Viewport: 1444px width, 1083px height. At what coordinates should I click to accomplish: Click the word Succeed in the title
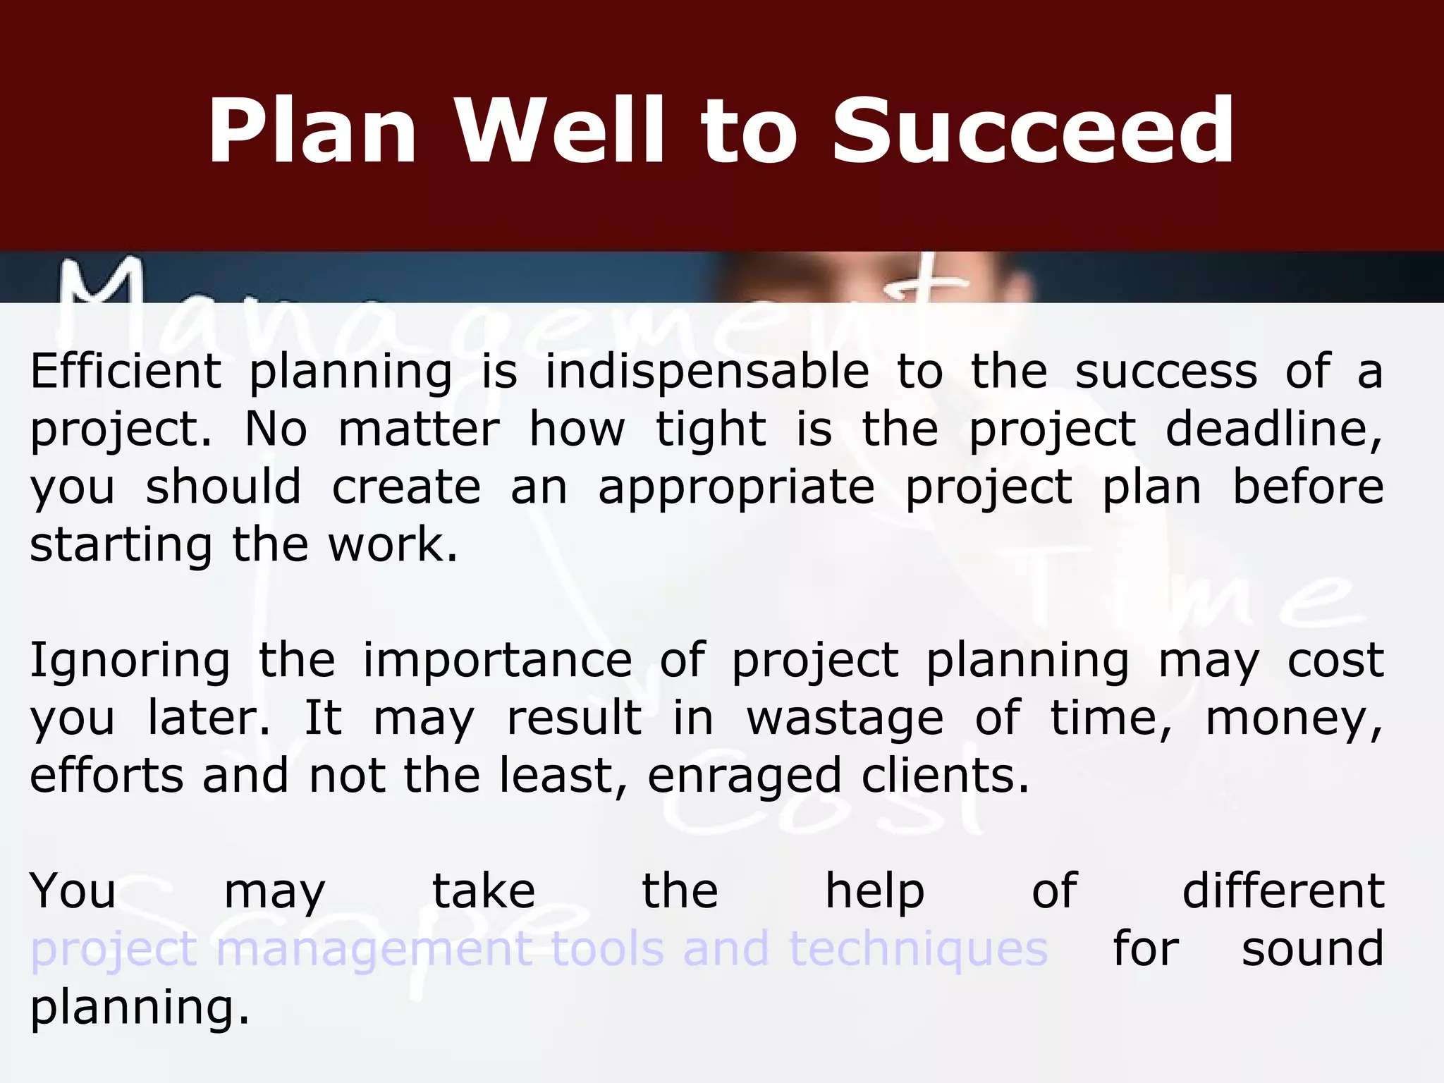1033,132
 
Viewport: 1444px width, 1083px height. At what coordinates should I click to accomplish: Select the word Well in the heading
561,132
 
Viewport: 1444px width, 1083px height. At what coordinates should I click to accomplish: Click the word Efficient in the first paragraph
126,372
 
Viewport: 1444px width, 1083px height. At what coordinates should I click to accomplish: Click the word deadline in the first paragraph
1273,429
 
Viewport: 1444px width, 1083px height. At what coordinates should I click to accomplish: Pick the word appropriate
736,489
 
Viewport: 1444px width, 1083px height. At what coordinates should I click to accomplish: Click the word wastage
845,719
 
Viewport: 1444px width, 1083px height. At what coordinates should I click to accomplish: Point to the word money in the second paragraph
1294,719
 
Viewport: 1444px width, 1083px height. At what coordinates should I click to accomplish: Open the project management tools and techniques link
539,949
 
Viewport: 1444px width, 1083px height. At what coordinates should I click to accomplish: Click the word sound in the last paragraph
1312,948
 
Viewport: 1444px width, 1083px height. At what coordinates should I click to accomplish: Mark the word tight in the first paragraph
711,431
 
